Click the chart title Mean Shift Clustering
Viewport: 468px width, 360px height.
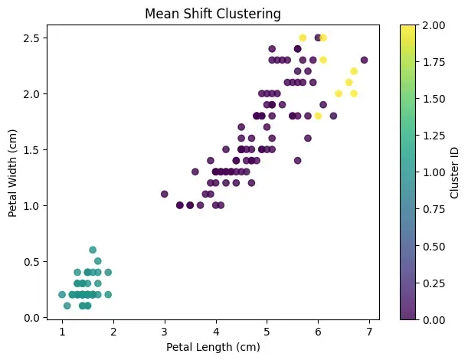click(x=216, y=13)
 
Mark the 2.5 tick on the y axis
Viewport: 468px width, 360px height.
click(x=33, y=38)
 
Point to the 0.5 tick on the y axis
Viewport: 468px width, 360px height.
click(x=33, y=261)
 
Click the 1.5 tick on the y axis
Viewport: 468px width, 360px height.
click(x=33, y=149)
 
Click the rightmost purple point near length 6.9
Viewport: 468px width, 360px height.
click(x=364, y=60)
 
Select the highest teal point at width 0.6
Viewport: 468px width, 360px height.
click(x=93, y=250)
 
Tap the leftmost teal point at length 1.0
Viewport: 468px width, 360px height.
click(x=62, y=294)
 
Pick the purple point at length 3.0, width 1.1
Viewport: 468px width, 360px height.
click(x=165, y=194)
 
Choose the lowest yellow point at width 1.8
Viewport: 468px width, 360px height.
click(x=318, y=116)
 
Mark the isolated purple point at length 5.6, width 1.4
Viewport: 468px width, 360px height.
click(x=297, y=160)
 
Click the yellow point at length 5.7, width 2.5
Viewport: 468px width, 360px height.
click(x=303, y=38)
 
